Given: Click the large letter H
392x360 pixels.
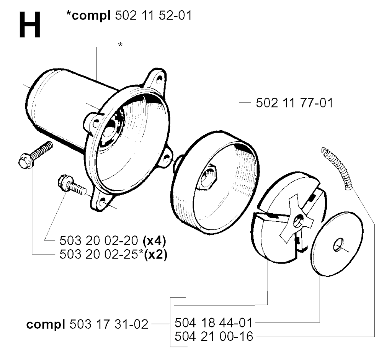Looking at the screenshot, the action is point(29,25).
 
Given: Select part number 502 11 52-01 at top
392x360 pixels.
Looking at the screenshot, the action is point(154,16).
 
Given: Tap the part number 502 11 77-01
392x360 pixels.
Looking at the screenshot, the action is point(294,103).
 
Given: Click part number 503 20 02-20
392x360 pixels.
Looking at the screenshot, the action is point(99,241).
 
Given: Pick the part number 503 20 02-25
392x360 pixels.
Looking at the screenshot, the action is point(99,254).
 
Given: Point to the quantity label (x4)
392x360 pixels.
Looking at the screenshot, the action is point(154,241).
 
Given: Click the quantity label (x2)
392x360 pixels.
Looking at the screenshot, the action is point(155,255).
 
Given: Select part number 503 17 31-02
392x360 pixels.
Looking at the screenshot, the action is point(109,324).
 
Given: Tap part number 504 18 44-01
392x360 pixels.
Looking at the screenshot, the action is point(214,322).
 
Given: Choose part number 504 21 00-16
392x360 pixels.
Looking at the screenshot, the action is point(214,336).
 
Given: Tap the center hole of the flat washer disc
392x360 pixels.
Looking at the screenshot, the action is point(338,244).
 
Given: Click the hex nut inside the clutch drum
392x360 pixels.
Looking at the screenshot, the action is point(209,176).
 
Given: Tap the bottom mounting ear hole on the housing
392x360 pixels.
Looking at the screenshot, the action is point(102,201).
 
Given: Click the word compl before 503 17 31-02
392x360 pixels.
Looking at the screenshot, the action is point(46,325).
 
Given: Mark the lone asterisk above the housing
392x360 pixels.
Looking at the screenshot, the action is point(120,45).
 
